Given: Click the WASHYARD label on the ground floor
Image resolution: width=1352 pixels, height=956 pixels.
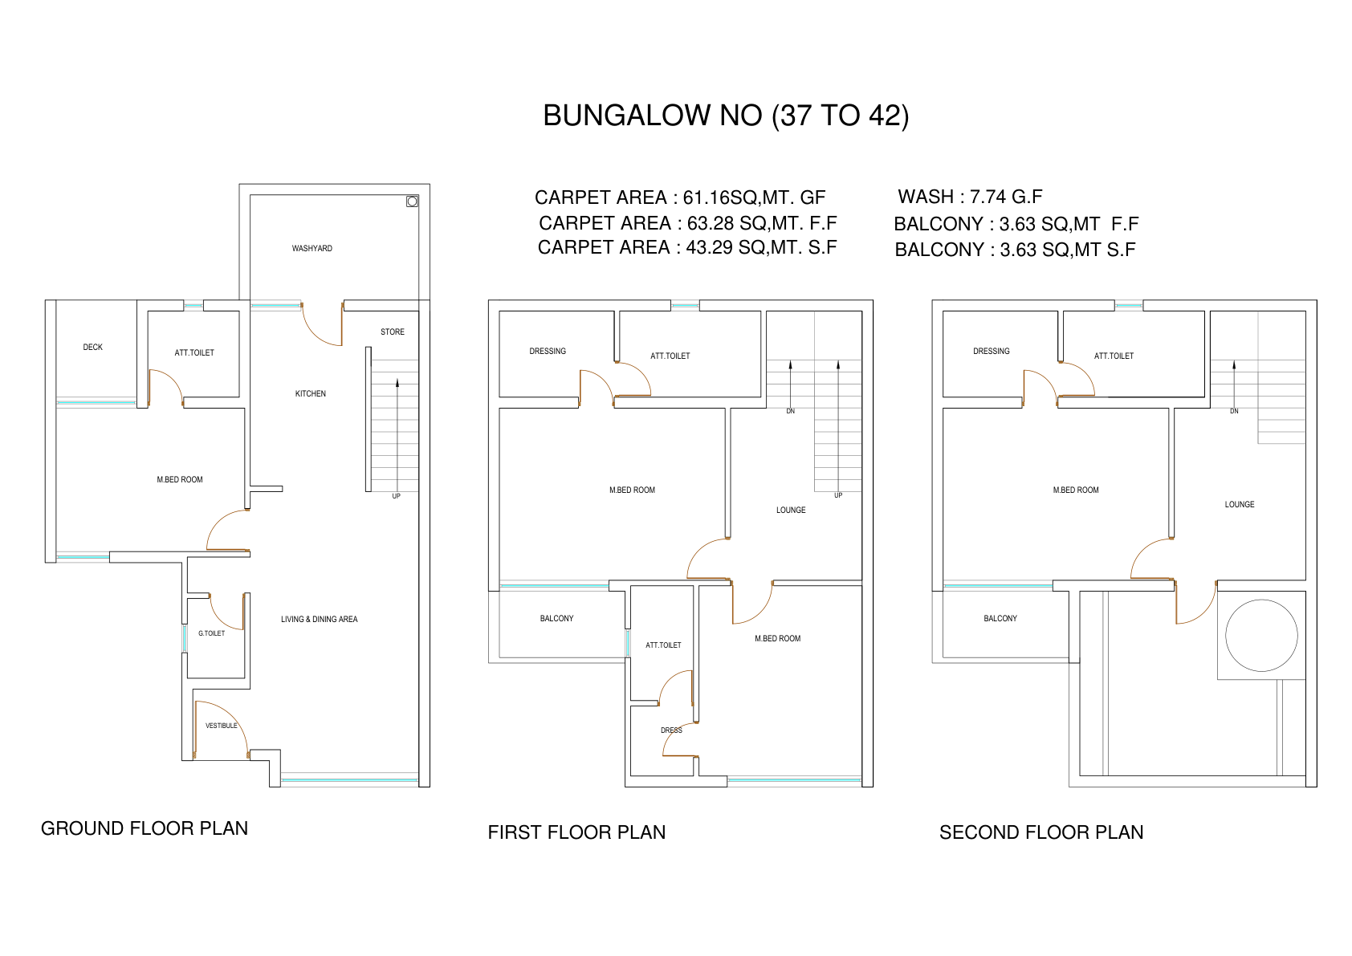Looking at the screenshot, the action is [312, 249].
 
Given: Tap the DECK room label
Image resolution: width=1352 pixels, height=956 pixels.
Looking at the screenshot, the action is [93, 347].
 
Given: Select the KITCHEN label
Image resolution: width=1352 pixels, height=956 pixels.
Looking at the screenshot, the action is [310, 393].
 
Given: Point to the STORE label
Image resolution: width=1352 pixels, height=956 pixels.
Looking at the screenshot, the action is [393, 332].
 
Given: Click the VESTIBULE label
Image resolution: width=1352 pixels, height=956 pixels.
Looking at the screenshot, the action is [222, 726].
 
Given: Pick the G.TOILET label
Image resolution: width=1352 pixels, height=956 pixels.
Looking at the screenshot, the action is [212, 633].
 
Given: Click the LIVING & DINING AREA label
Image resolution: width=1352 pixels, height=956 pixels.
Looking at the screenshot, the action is [320, 619].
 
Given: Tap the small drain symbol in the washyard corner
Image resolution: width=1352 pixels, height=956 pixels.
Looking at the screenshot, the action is [412, 201].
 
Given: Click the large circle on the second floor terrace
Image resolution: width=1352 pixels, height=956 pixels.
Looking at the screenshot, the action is [1261, 600].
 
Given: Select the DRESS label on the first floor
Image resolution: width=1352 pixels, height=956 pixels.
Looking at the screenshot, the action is [671, 730].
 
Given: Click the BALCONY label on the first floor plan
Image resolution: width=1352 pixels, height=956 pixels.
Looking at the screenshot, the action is [556, 619].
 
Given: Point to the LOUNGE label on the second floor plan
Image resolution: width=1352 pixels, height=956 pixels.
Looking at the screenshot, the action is [1240, 505].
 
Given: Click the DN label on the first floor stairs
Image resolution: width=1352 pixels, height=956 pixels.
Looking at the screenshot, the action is [791, 411].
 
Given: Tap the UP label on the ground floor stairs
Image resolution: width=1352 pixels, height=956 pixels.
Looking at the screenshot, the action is [396, 496].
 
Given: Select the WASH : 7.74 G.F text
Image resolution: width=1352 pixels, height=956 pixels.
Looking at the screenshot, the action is [970, 196].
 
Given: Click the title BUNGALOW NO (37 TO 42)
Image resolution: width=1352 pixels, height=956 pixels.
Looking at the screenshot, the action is [726, 116].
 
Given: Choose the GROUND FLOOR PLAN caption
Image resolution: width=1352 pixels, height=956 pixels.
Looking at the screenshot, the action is [145, 828].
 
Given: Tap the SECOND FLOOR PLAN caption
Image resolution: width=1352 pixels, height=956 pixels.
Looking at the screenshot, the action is [1041, 832].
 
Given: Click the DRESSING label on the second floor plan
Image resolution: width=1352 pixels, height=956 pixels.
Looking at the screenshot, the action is [991, 352].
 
